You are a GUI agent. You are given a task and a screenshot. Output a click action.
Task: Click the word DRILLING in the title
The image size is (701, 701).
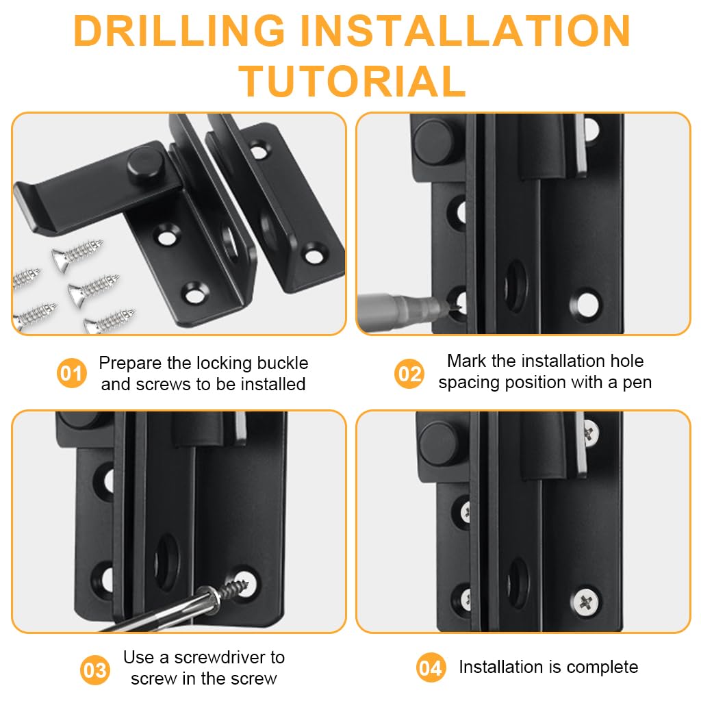click(179, 31)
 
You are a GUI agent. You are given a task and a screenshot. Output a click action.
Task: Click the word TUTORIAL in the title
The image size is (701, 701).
click(352, 81)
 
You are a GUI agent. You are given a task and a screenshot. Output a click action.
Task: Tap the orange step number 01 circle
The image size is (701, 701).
click(71, 374)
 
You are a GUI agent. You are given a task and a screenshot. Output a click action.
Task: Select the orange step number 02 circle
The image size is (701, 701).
click(409, 374)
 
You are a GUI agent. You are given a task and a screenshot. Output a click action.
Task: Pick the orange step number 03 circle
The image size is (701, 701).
click(95, 670)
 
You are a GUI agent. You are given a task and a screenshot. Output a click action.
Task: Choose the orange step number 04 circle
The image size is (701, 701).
click(431, 667)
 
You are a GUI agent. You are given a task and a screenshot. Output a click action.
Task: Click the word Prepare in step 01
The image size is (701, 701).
click(132, 363)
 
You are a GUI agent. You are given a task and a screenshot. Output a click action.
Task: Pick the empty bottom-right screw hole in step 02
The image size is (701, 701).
click(587, 304)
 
